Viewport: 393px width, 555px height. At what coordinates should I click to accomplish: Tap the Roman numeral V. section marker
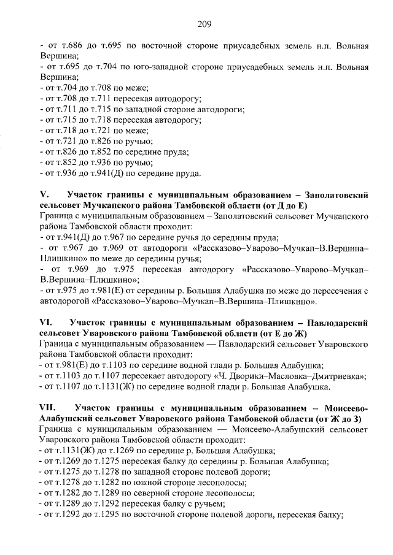tap(42, 194)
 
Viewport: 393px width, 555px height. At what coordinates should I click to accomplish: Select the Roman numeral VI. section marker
tap(45, 321)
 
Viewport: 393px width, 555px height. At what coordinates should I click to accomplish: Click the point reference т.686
tap(64, 47)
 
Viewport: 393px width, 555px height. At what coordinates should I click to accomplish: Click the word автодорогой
tap(64, 301)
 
